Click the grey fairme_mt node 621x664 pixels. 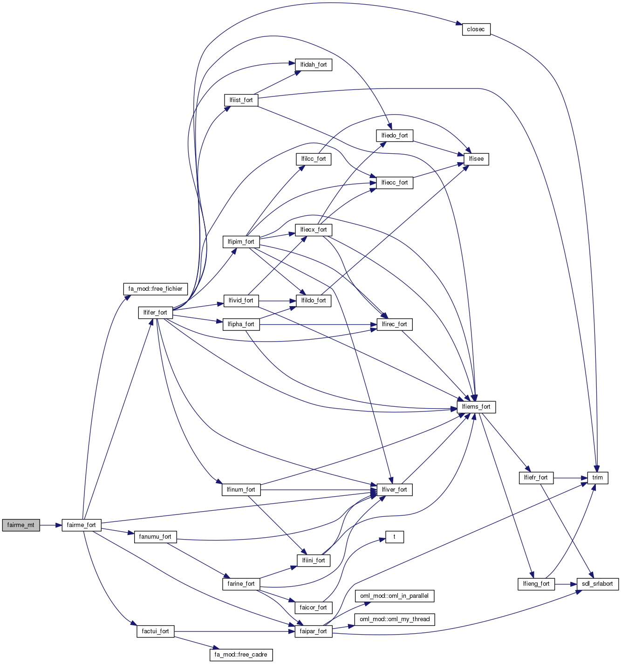pyautogui.click(x=21, y=525)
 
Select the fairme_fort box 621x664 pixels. pyautogui.click(x=81, y=525)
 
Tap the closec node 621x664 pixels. pyautogui.click(x=476, y=29)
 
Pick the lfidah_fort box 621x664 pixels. pyautogui.click(x=313, y=65)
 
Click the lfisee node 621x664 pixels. pyautogui.click(x=476, y=159)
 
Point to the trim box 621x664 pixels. pyautogui.click(x=597, y=478)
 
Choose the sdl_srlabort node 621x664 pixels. pyautogui.click(x=598, y=584)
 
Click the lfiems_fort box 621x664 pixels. pyautogui.click(x=476, y=407)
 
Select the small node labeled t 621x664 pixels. pyautogui.click(x=394, y=537)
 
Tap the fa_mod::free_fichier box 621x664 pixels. pyautogui.click(x=155, y=289)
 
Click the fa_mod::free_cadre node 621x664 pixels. pyautogui.click(x=241, y=655)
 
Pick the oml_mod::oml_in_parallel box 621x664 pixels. pyautogui.click(x=394, y=596)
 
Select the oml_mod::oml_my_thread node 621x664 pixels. pyautogui.click(x=394, y=619)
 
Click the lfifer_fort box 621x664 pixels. pyautogui.click(x=155, y=313)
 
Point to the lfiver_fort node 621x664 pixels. pyautogui.click(x=394, y=490)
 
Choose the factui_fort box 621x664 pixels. pyautogui.click(x=155, y=631)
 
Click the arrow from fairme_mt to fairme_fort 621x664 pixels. pyautogui.click(x=51, y=525)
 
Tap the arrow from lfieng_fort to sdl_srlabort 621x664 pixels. pyautogui.click(x=566, y=584)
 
